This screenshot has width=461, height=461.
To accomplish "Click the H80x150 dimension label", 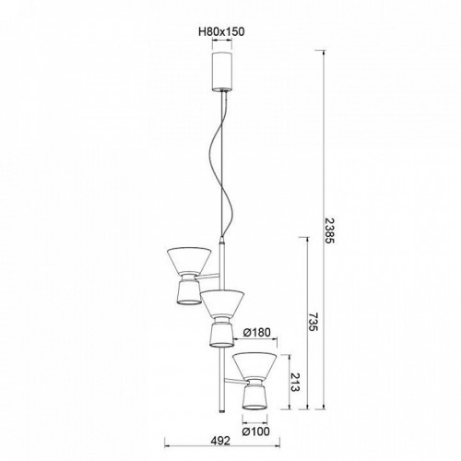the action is coord(222,31).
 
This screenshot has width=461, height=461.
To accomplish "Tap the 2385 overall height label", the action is coord(329,230).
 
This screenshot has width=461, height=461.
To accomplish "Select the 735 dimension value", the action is coord(313,322).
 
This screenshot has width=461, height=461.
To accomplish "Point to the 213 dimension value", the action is coord(295,382).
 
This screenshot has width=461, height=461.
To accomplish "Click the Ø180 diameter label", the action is coord(256,332).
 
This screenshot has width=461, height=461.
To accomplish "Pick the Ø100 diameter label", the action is coord(256,431).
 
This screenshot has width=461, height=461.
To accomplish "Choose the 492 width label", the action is coord(220,441).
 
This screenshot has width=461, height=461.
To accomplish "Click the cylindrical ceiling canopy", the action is coord(222,71).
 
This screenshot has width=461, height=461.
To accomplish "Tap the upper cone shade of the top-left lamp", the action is coord(189,260).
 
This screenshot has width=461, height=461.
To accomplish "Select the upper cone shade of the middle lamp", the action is coord(222,303).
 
